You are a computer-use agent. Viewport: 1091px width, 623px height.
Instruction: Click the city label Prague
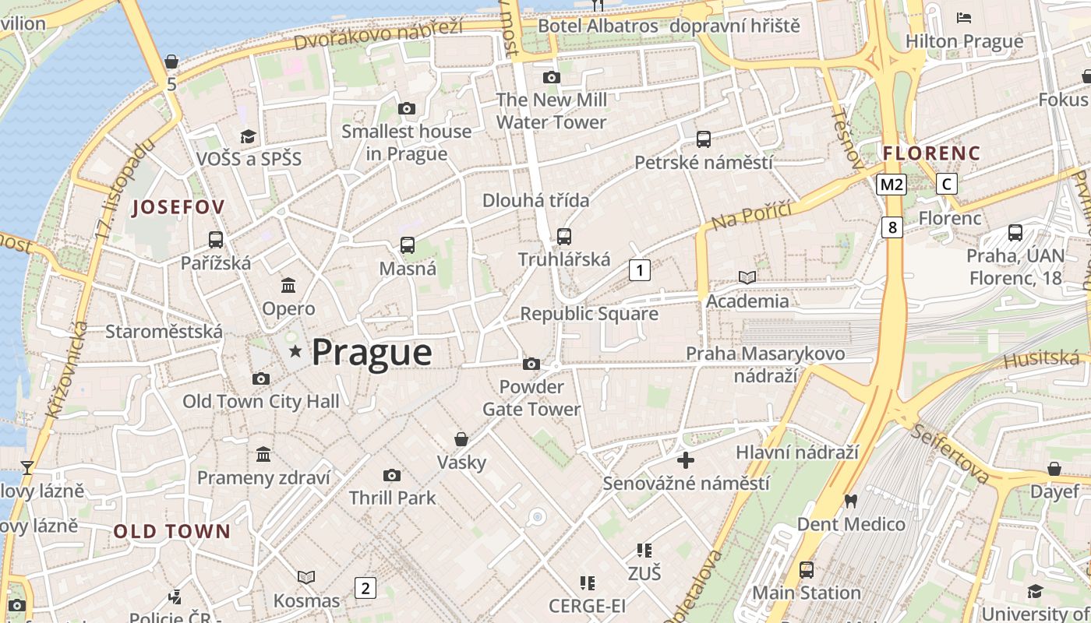pyautogui.click(x=372, y=353)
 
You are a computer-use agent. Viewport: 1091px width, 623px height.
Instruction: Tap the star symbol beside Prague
pyautogui.click(x=295, y=352)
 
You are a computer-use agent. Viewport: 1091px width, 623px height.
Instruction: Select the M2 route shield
pyautogui.click(x=892, y=185)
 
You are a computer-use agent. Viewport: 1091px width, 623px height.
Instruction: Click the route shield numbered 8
pyautogui.click(x=892, y=227)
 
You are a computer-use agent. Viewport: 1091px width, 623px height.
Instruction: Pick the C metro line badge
pyautogui.click(x=946, y=185)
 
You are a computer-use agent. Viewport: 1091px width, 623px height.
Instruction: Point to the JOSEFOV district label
pyautogui.click(x=178, y=207)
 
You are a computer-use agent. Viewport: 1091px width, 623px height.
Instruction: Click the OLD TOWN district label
pyautogui.click(x=172, y=532)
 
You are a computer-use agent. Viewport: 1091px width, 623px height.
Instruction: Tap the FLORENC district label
pyautogui.click(x=931, y=153)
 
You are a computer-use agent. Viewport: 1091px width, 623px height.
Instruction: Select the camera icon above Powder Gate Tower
pyautogui.click(x=531, y=364)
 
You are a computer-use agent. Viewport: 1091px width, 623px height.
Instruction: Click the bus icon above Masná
pyautogui.click(x=407, y=245)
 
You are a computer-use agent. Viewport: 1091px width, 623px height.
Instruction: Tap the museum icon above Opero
pyautogui.click(x=288, y=285)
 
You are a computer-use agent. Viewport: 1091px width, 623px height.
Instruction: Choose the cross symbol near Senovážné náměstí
pyautogui.click(x=686, y=460)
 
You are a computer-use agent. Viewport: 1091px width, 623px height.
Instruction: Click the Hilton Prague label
pyautogui.click(x=965, y=41)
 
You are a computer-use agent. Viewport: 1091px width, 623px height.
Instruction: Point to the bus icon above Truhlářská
pyautogui.click(x=564, y=236)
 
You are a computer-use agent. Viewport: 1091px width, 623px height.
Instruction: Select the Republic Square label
pyautogui.click(x=589, y=314)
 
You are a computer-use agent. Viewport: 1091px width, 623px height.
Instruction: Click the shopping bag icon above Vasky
pyautogui.click(x=461, y=439)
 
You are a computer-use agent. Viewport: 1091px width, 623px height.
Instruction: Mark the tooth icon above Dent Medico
pyautogui.click(x=850, y=501)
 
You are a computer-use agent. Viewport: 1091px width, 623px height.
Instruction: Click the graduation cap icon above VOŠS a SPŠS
pyautogui.click(x=248, y=136)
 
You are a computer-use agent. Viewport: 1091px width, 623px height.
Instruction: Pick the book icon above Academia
pyautogui.click(x=747, y=277)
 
